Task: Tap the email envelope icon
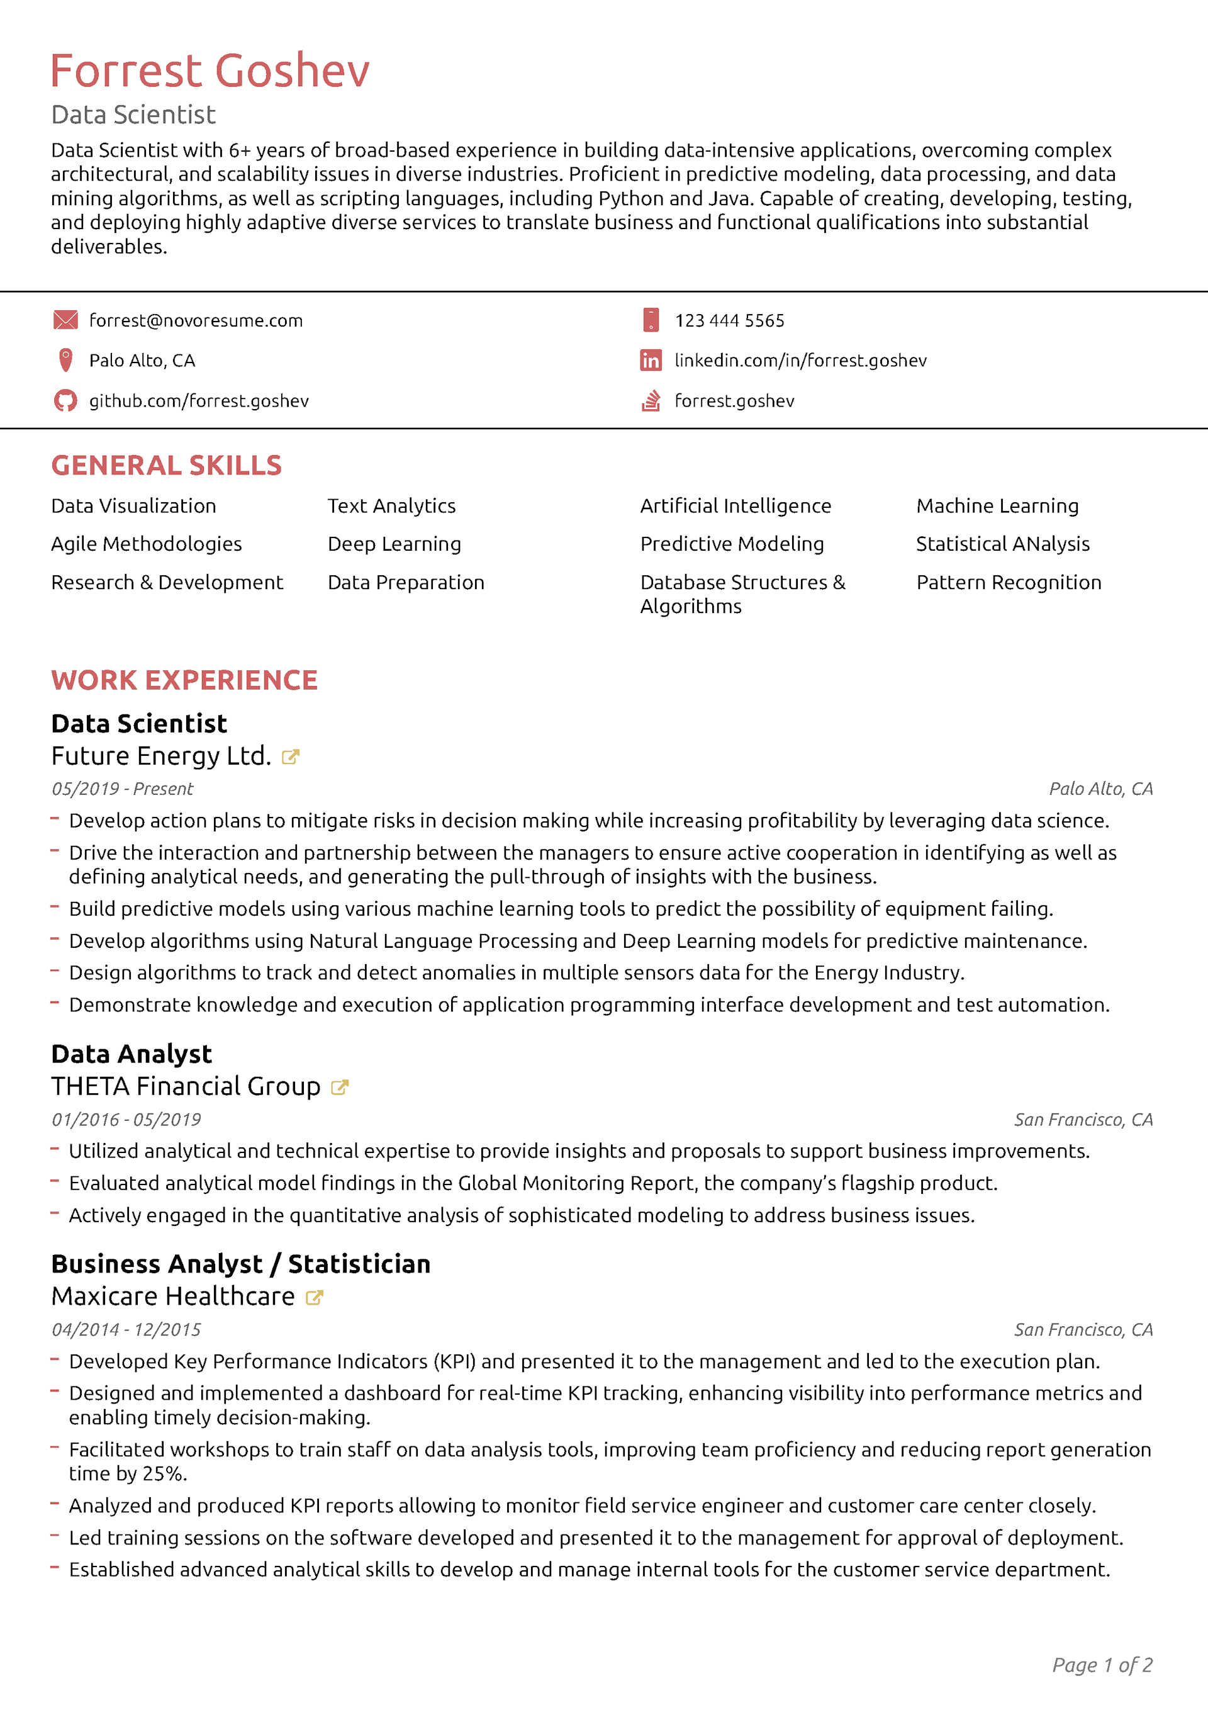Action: tap(65, 320)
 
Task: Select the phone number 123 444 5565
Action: tap(729, 321)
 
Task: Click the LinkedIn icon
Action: tap(650, 361)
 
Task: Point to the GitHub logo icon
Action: tap(65, 401)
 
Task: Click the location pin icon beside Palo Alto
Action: tap(65, 361)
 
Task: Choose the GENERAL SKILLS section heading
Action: tap(166, 466)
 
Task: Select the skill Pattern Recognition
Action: tap(1009, 582)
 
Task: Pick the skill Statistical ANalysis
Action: tap(1002, 544)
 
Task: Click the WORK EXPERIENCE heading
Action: tap(184, 680)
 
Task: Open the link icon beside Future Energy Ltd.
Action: tap(291, 757)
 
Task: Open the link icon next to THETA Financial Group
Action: tap(340, 1088)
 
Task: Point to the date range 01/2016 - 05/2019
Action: tap(126, 1120)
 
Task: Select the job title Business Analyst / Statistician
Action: tap(240, 1264)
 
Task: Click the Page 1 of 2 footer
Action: tap(1102, 1665)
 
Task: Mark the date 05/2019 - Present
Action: tap(122, 789)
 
